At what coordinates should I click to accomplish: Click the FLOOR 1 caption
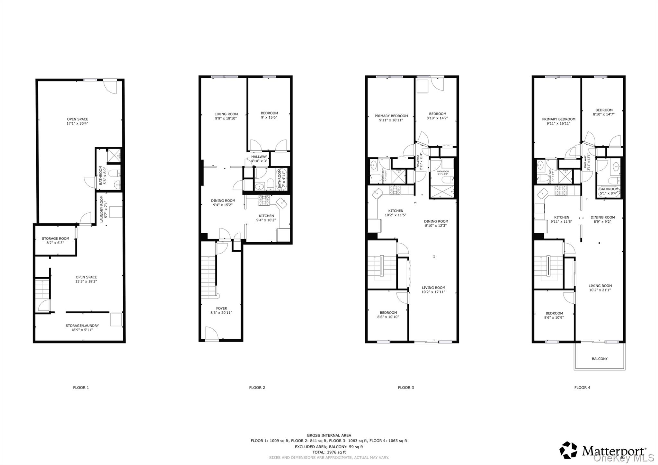[x=81, y=388]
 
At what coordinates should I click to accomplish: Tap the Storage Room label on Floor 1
[x=55, y=238]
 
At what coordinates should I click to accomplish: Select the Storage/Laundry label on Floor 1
[x=82, y=326]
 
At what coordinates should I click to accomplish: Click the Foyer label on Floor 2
[x=221, y=308]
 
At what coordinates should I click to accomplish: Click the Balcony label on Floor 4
[x=600, y=359]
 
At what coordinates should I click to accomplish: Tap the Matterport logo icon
[x=568, y=450]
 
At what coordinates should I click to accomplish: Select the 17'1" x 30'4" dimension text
[x=77, y=123]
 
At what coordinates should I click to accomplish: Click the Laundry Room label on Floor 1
[x=102, y=209]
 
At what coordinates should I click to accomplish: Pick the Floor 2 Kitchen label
[x=266, y=216]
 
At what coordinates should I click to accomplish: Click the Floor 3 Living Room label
[x=433, y=288]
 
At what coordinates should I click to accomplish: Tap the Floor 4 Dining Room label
[x=602, y=217]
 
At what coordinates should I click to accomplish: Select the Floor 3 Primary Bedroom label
[x=391, y=116]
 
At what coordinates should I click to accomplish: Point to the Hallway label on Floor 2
[x=259, y=157]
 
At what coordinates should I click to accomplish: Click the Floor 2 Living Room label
[x=226, y=114]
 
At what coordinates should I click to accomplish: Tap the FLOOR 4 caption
[x=582, y=388]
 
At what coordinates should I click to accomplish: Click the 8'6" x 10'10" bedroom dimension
[x=388, y=317]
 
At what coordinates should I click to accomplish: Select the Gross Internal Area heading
[x=329, y=435]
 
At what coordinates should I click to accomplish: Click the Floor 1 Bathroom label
[x=101, y=175]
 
